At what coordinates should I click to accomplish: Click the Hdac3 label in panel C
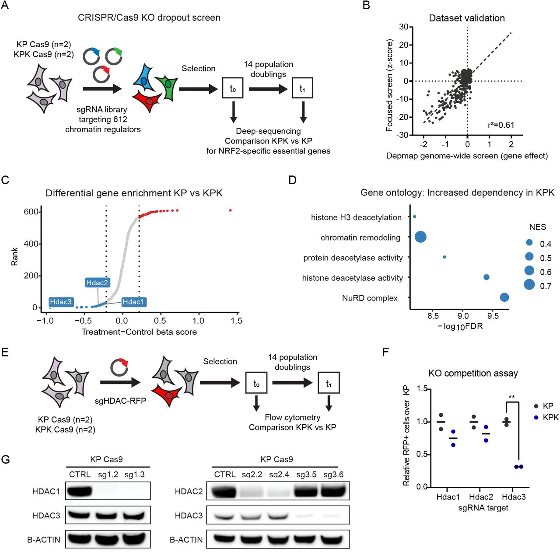[x=60, y=302]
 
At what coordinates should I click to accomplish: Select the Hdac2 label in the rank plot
[x=97, y=283]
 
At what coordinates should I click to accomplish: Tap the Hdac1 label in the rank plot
[x=133, y=302]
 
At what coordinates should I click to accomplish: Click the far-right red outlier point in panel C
[x=231, y=210]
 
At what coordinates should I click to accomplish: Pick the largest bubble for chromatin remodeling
[x=420, y=237]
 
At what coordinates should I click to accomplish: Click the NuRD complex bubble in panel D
[x=504, y=297]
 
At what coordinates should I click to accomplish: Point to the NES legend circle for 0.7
[x=529, y=285]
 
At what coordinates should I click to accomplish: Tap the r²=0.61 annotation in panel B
[x=501, y=125]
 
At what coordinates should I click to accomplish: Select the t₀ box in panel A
[x=233, y=88]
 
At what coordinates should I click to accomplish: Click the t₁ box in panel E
[x=328, y=383]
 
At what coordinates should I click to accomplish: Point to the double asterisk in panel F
[x=511, y=398]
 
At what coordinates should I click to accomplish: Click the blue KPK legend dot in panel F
[x=536, y=417]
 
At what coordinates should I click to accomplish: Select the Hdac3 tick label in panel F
[x=513, y=497]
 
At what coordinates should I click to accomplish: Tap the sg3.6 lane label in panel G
[x=333, y=475]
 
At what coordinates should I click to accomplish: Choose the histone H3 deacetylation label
[x=356, y=217]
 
